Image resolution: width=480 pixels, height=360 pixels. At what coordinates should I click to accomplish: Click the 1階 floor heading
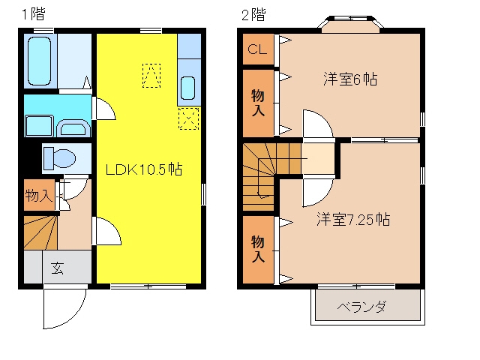click(x=33, y=14)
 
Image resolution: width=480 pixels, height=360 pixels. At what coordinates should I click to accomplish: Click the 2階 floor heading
click(x=253, y=15)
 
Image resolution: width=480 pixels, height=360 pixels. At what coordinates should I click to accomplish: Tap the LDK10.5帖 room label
click(x=143, y=169)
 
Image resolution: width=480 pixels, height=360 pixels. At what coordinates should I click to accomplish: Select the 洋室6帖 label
click(x=350, y=79)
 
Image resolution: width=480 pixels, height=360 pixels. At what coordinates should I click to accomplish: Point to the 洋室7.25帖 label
click(x=353, y=219)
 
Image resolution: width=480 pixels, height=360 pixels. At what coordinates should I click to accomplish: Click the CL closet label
click(x=257, y=49)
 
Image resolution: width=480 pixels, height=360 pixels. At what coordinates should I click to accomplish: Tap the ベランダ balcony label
click(x=361, y=307)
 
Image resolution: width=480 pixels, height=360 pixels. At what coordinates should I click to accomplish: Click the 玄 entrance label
click(x=57, y=268)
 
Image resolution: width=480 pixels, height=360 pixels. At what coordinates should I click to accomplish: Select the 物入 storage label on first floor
click(x=38, y=195)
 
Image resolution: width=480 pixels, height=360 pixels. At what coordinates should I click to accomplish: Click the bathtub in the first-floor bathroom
click(x=39, y=61)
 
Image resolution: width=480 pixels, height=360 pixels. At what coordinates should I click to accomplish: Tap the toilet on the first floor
click(x=60, y=158)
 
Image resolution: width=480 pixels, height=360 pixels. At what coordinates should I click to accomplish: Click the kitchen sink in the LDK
click(x=187, y=88)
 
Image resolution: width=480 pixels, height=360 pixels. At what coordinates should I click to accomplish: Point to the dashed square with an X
click(x=188, y=118)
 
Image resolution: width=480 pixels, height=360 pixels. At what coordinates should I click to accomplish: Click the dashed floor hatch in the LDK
click(x=151, y=76)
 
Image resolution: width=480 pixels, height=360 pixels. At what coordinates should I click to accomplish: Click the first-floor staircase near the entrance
click(x=40, y=232)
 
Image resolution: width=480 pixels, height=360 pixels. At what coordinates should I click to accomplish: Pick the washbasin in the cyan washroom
click(x=73, y=127)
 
